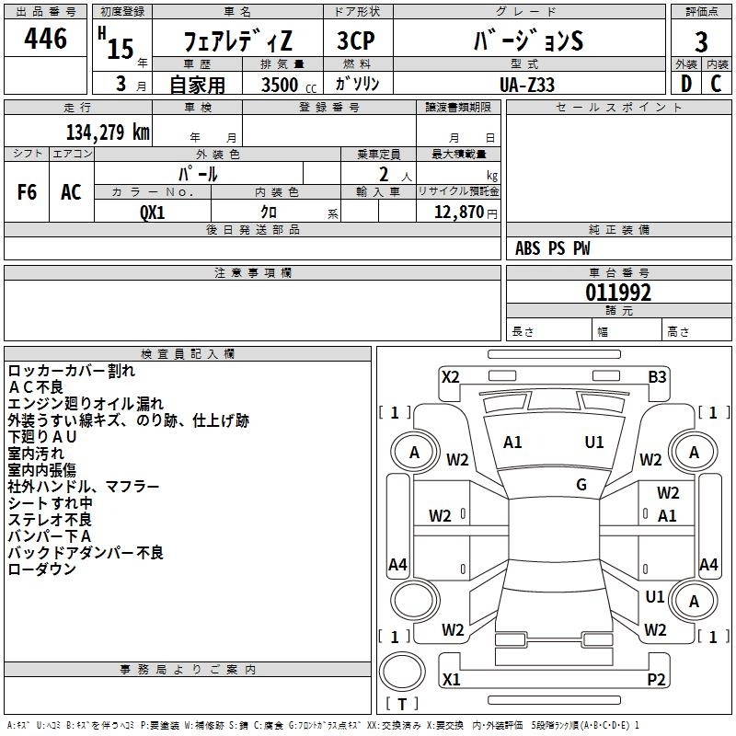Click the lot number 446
[45, 38]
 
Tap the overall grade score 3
[701, 42]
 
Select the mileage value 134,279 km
[108, 132]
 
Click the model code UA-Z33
[527, 85]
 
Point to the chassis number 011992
[618, 293]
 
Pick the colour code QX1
[153, 213]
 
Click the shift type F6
[27, 192]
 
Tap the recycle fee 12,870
[458, 213]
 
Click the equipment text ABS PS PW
[553, 248]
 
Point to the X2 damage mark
[451, 377]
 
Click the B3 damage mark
[657, 377]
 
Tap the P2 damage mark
[656, 679]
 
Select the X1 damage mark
[451, 679]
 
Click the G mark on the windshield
[581, 485]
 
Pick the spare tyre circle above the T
[402, 672]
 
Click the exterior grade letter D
[686, 84]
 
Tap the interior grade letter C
[716, 84]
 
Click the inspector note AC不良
[36, 387]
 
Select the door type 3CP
[356, 40]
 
